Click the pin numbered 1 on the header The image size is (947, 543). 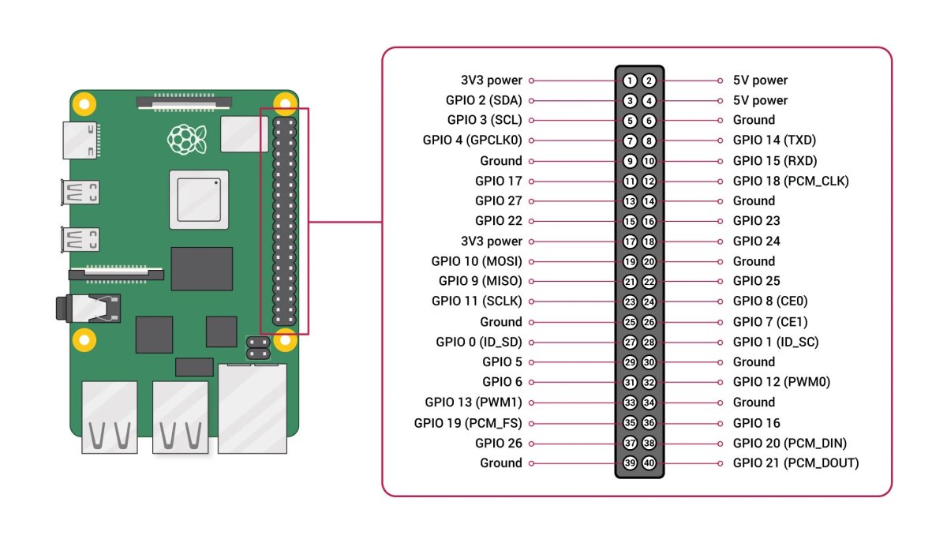click(x=630, y=81)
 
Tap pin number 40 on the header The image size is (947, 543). click(x=649, y=463)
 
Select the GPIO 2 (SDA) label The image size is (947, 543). click(x=484, y=100)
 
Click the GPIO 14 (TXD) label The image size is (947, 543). click(x=774, y=140)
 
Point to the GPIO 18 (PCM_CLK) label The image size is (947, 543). click(x=791, y=181)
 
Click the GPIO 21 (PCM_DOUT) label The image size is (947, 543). click(x=795, y=463)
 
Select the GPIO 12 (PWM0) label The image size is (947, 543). click(x=781, y=382)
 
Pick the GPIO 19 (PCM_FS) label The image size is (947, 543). click(x=468, y=423)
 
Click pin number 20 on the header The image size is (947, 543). click(x=649, y=261)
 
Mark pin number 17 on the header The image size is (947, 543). click(x=630, y=242)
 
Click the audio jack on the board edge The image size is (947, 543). click(x=88, y=309)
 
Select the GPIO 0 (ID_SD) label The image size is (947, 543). click(x=479, y=343)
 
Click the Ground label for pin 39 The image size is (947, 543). click(x=501, y=463)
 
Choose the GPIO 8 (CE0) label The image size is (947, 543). click(x=770, y=301)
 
